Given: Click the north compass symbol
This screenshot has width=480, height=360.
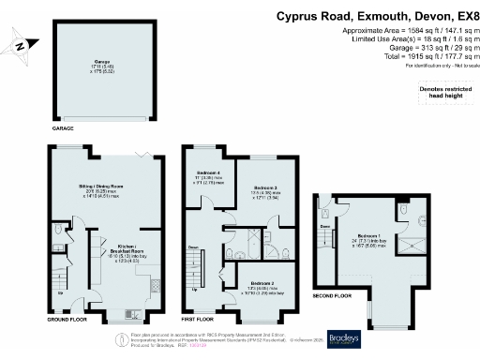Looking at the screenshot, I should point(21,43).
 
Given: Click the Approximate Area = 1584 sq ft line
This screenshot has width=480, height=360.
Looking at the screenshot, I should point(412,32).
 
